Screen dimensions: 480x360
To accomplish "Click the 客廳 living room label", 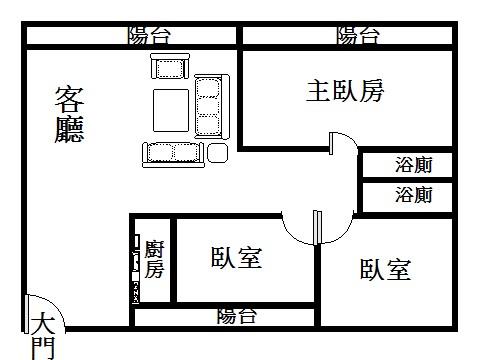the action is coord(69,114).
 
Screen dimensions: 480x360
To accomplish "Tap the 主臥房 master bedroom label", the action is coord(345,91).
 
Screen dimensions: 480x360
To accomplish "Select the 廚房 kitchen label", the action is coord(155,259).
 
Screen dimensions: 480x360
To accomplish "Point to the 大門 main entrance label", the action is coord(41,335).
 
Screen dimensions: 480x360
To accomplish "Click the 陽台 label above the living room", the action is coord(150,36).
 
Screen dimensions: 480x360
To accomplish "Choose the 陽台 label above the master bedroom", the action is coord(358,36).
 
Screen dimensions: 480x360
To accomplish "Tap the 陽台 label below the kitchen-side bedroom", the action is coord(237,317).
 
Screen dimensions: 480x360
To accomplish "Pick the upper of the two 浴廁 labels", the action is coord(413,164).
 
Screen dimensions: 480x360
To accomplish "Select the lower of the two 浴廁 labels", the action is coord(413,195).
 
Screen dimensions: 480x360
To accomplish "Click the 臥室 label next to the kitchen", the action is coord(236,259).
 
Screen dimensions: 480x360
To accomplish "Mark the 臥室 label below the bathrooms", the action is coord(386,269).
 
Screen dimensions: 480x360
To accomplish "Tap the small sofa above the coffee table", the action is coord(169,68).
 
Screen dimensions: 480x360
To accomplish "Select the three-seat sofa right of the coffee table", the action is coord(208,106).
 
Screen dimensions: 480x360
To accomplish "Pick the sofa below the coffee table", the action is coord(173,152).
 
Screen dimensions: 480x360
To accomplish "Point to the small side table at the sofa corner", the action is coord(217,152).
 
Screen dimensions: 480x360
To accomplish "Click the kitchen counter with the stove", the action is coord(136,267).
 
